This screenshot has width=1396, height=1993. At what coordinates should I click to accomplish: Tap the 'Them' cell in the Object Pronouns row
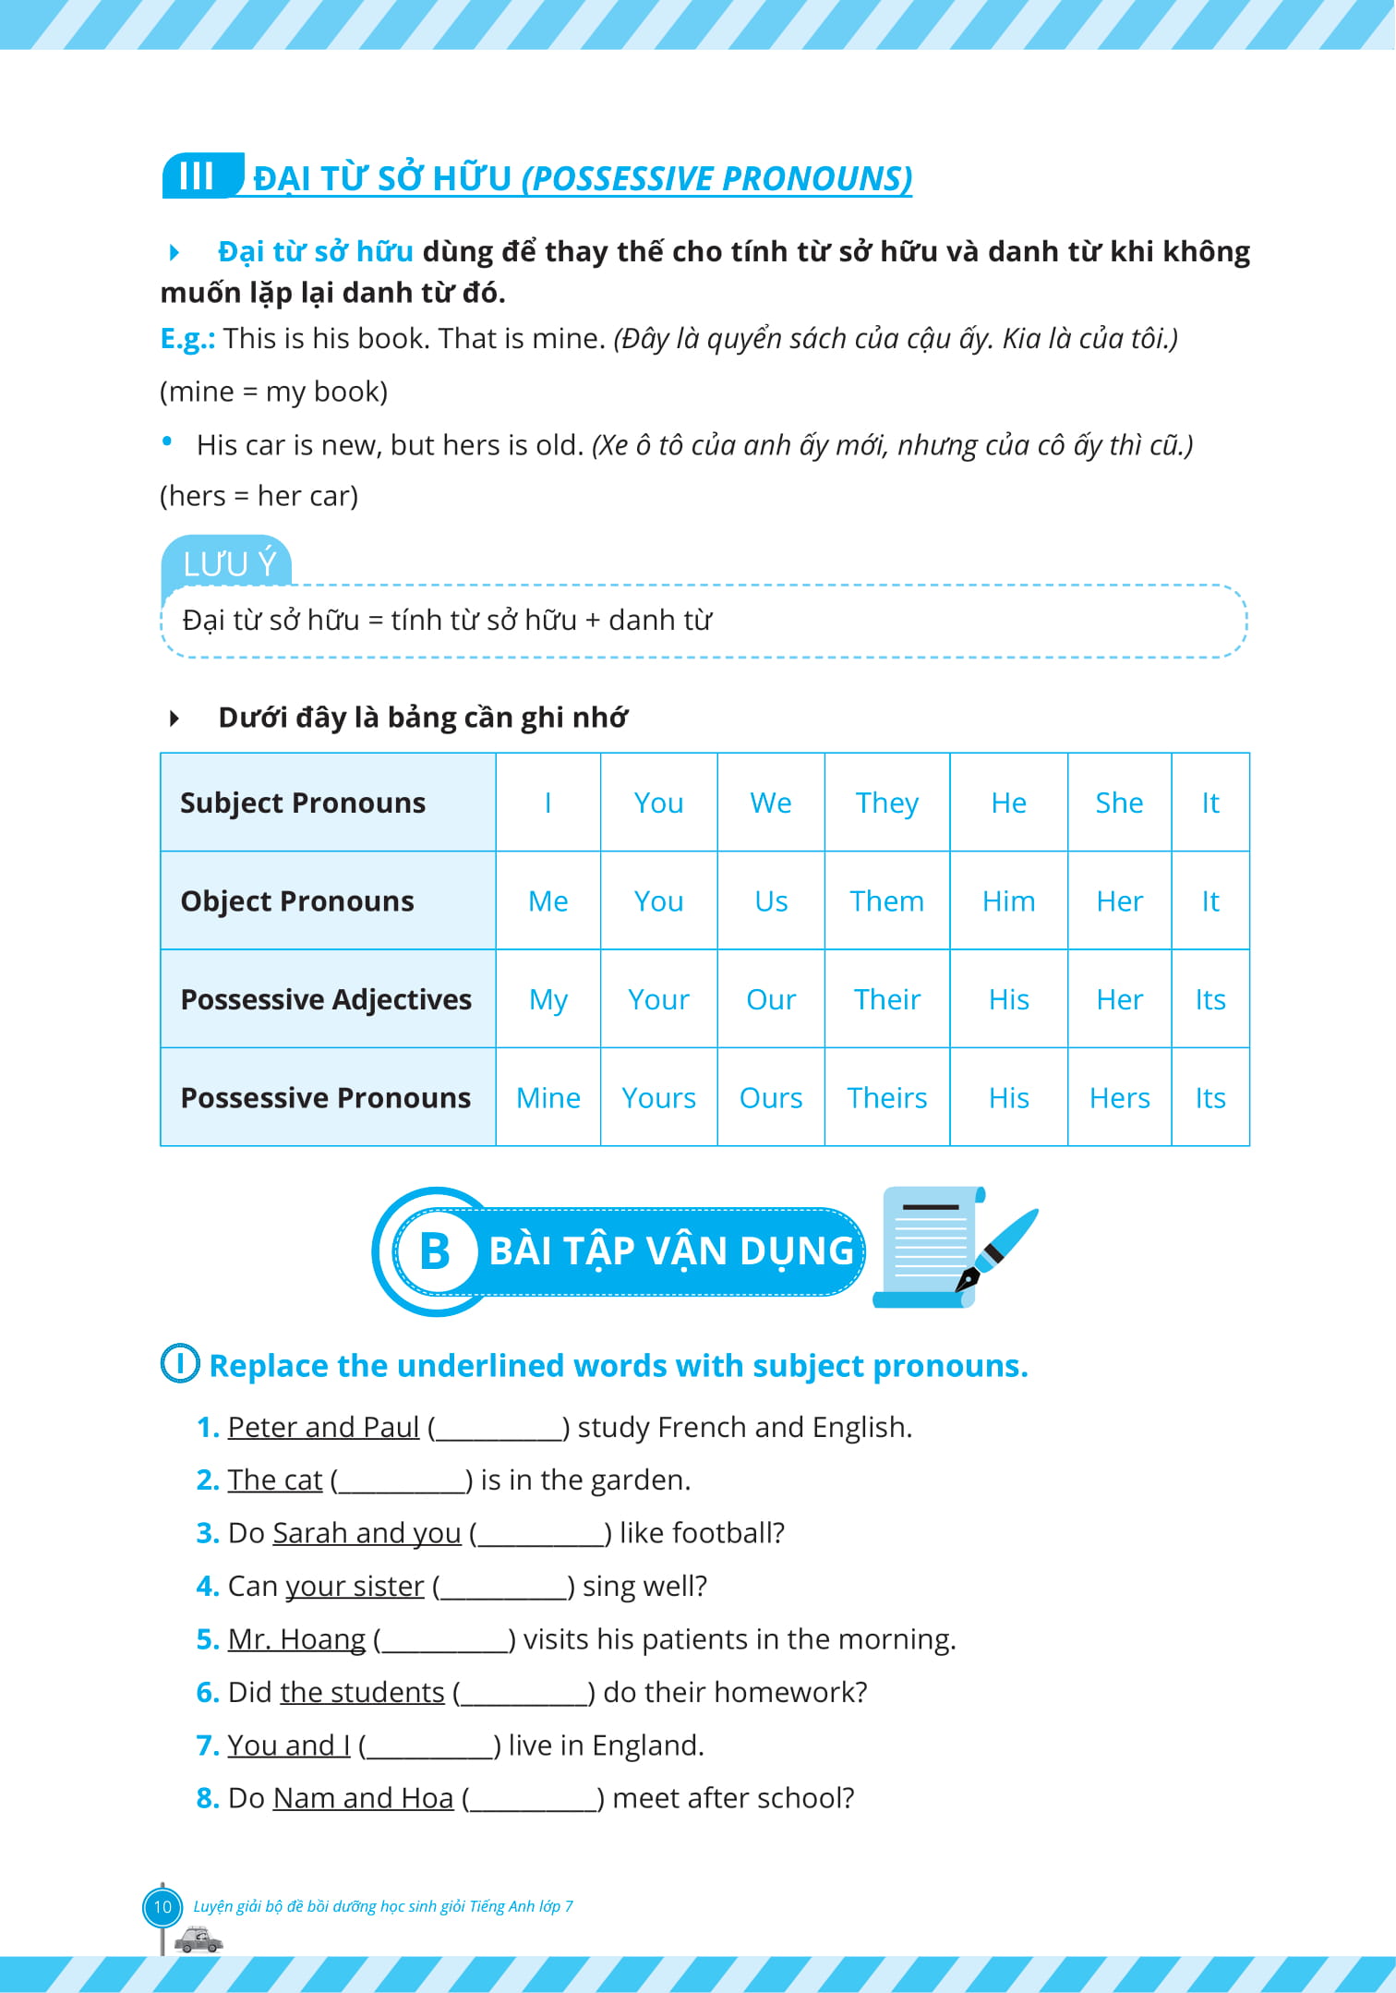(x=886, y=901)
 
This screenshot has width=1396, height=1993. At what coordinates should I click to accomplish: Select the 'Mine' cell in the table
(x=548, y=1098)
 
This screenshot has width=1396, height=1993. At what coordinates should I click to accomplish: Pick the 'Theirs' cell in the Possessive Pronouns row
(x=886, y=1098)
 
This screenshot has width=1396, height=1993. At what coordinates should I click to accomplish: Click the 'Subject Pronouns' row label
(x=303, y=803)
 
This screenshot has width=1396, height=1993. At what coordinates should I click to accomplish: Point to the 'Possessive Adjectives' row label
(x=326, y=999)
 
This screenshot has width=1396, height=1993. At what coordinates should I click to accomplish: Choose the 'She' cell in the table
(x=1119, y=803)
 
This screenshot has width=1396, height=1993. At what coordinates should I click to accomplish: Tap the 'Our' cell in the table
(x=771, y=999)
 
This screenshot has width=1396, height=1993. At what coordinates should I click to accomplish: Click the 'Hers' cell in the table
(x=1119, y=1098)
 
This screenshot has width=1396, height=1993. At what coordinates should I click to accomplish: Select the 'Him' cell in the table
(x=1008, y=901)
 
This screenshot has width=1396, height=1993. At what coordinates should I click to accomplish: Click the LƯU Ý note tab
(x=228, y=562)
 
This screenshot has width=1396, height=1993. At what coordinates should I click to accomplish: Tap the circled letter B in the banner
(x=434, y=1252)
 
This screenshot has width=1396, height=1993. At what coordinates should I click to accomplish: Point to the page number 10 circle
(x=162, y=1906)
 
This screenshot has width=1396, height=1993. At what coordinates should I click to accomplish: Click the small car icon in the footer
(x=199, y=1939)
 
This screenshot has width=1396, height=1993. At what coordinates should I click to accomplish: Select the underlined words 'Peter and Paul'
(x=323, y=1428)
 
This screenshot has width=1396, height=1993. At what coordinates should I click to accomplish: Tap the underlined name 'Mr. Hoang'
(x=296, y=1639)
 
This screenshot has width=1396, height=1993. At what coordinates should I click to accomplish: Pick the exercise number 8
(x=207, y=1799)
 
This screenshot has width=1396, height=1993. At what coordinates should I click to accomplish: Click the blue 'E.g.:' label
(x=187, y=339)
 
